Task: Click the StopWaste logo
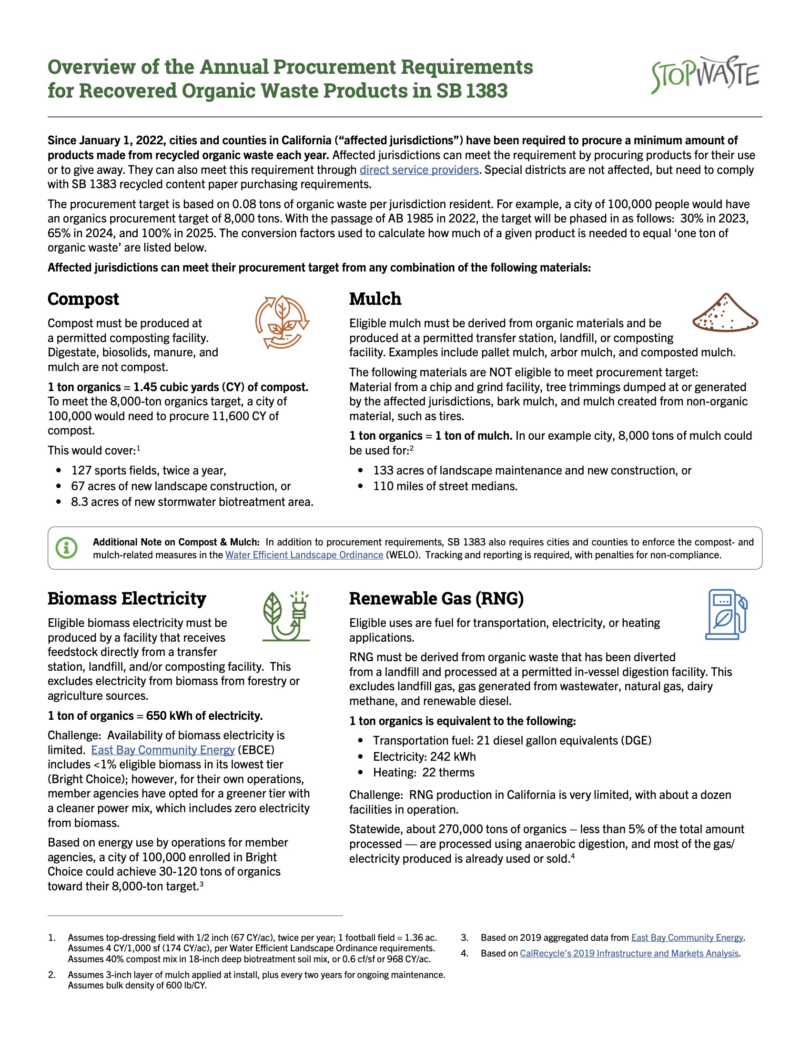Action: pos(704,74)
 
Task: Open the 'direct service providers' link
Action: pos(419,170)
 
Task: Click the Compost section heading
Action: pos(83,299)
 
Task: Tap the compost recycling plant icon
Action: pos(282,322)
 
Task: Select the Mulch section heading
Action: pos(375,299)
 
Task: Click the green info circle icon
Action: pos(67,547)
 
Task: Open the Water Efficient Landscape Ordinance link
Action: pos(304,555)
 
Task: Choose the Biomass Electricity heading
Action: pos(127,598)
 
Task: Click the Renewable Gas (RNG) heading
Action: pos(436,598)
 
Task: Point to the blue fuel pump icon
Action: pos(726,614)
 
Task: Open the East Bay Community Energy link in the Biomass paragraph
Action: pos(162,750)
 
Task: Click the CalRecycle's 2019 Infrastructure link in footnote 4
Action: pos(629,954)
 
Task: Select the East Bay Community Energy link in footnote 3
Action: pos(687,937)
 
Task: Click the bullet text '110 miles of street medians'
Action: pos(445,486)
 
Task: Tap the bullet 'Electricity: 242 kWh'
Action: pos(424,757)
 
